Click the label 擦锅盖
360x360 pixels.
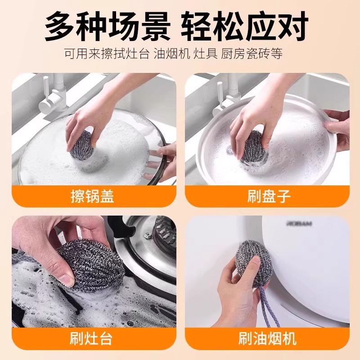93,197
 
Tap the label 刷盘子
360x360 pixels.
269,197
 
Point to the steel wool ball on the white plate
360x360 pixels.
253,148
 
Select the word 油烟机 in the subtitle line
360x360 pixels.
171,54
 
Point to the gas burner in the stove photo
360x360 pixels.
164,234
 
